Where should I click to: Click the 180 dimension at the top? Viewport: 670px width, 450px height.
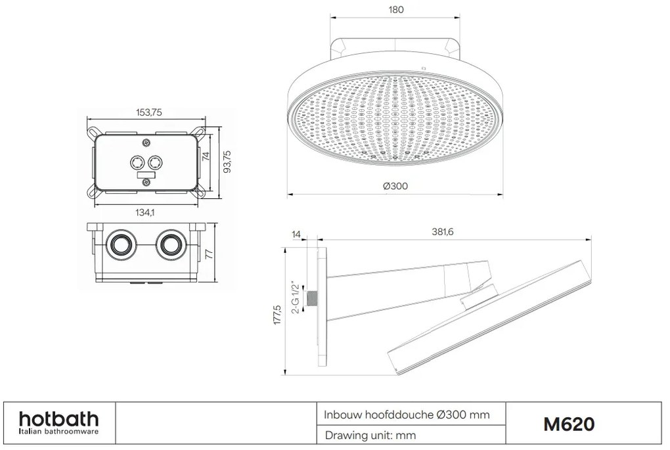pos(396,10)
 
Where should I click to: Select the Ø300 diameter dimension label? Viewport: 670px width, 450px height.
pos(395,186)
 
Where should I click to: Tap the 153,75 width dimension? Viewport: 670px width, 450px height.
pos(148,112)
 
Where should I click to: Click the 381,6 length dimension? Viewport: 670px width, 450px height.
pos(441,231)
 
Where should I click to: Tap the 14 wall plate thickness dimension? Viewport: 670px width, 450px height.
pos(296,233)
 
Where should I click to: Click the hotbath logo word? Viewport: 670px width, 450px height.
pos(58,418)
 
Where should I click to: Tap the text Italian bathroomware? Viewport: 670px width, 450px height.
pos(58,432)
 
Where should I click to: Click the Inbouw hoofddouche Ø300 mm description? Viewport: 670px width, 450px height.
pos(407,415)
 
